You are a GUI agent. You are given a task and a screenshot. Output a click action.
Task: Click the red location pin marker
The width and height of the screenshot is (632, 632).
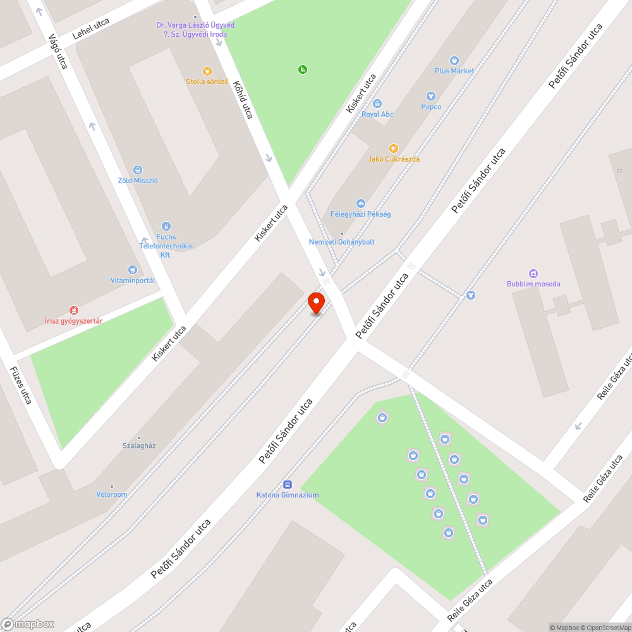tap(316, 302)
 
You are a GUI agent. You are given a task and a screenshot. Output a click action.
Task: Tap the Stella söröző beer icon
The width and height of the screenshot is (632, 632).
tap(207, 71)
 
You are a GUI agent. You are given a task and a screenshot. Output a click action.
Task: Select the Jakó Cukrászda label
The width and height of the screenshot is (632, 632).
tap(394, 159)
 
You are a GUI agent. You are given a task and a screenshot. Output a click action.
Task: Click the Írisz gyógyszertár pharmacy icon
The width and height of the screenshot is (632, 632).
tap(74, 310)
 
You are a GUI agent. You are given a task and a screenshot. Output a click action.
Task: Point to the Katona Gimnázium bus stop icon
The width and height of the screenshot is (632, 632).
tap(288, 485)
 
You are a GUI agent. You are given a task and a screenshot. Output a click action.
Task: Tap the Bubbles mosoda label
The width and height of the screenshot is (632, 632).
tap(533, 284)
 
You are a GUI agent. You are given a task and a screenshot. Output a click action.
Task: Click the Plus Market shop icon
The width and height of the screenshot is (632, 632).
tap(454, 61)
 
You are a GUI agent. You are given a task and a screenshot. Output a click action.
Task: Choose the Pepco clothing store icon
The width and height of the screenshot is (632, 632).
tap(431, 96)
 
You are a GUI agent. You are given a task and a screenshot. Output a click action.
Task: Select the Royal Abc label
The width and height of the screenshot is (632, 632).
tap(377, 114)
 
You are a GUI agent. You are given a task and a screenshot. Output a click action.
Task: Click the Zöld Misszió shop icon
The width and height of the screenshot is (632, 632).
tap(138, 170)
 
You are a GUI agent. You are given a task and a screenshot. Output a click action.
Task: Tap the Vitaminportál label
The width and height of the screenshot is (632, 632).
tap(133, 280)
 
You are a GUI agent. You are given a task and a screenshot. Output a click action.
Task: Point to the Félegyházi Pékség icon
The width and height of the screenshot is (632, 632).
tap(361, 204)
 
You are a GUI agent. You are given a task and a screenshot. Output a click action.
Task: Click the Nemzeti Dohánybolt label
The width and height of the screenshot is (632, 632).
tap(341, 242)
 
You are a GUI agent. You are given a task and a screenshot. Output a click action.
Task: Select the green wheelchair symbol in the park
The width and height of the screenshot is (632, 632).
tap(302, 70)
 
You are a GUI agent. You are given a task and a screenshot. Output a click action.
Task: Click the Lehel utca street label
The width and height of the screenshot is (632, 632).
tap(91, 29)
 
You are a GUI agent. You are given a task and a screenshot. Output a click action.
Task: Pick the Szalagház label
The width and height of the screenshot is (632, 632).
tap(139, 446)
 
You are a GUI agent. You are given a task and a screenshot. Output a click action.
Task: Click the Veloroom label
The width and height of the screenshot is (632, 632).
tap(112, 494)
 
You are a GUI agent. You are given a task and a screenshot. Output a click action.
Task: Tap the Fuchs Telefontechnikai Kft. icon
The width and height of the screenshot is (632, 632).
tap(166, 226)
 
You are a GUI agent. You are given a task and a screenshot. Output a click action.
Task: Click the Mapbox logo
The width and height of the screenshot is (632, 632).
tap(28, 624)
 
